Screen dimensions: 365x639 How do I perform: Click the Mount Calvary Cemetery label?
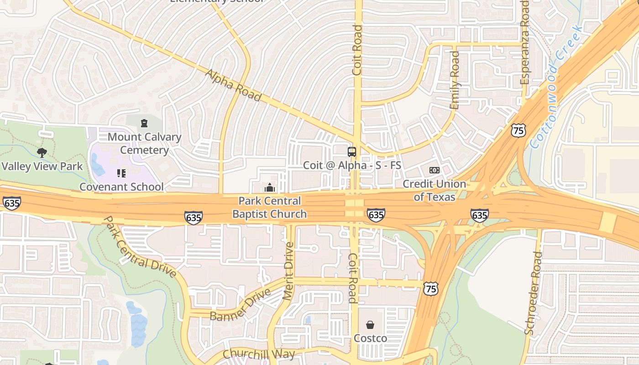[144, 143]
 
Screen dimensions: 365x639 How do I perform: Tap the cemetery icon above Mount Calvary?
[144, 123]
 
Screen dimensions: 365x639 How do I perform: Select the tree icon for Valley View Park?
[42, 152]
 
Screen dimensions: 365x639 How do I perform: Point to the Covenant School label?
[121, 187]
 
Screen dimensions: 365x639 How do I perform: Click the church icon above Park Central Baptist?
[269, 188]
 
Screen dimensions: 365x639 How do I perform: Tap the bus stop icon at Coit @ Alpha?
[352, 152]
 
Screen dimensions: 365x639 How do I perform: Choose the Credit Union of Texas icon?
[434, 170]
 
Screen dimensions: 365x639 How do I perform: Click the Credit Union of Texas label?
[434, 190]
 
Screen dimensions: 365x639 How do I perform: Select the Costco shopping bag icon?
[370, 325]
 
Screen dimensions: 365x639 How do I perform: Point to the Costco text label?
[370, 338]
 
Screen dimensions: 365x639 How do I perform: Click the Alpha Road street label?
[233, 86]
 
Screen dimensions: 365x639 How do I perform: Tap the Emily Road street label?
[455, 80]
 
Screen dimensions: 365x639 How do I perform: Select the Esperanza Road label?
[525, 42]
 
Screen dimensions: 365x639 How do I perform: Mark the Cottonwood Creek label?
[556, 87]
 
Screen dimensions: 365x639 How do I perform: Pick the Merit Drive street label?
[288, 271]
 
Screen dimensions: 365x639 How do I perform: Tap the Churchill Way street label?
[259, 354]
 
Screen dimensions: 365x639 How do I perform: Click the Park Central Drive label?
[139, 247]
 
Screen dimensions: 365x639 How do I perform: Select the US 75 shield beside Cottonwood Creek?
[518, 130]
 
